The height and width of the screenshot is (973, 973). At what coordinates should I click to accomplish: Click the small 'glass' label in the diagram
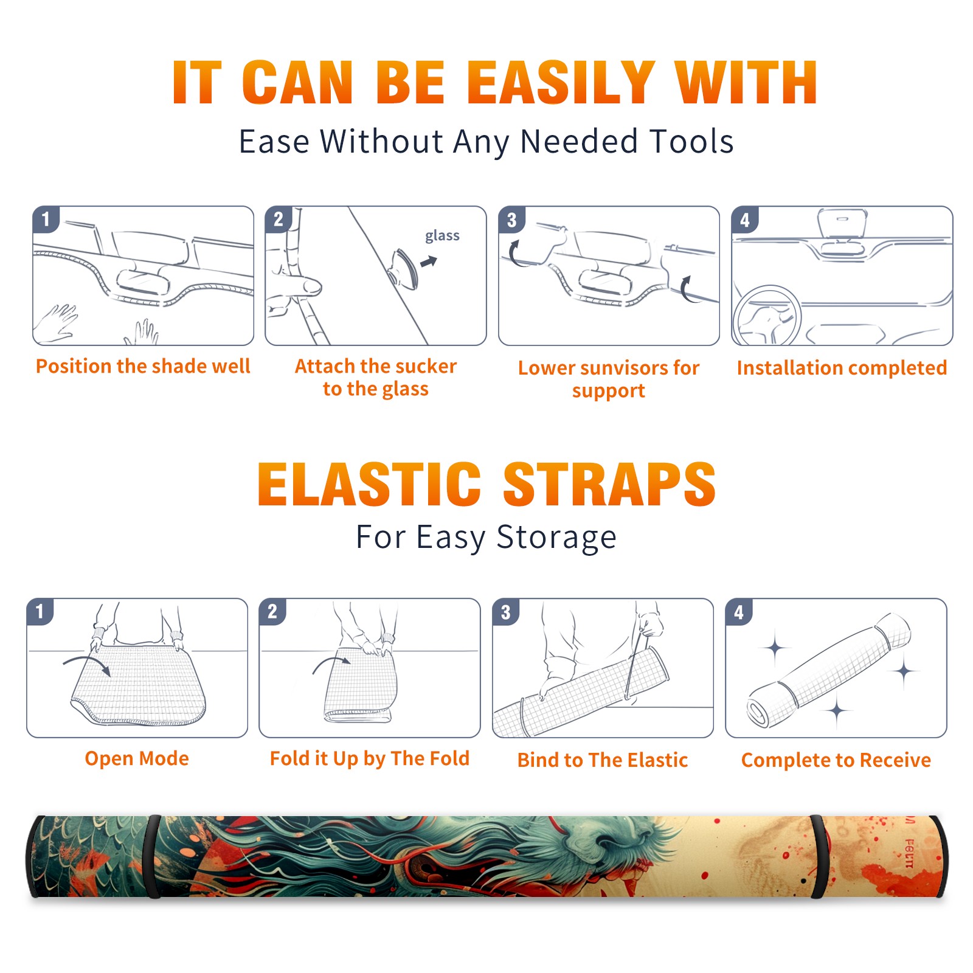pos(442,236)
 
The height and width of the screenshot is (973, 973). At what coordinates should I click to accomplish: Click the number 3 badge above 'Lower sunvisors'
pos(511,220)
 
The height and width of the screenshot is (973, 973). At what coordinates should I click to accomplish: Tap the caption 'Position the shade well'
pos(143,366)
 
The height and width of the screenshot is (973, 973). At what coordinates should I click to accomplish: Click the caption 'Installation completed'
pos(842,367)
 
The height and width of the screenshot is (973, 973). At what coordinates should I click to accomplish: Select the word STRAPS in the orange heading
pos(609,484)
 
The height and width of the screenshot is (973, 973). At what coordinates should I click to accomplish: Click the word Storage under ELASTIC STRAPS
pos(556,538)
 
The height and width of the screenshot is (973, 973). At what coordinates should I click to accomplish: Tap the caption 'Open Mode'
pos(137,758)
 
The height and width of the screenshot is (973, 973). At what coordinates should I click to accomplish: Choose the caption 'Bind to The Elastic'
pos(603,760)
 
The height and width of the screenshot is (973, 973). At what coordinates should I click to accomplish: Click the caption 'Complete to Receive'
pos(836,760)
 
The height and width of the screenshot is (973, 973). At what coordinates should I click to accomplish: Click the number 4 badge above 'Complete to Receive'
pos(738,612)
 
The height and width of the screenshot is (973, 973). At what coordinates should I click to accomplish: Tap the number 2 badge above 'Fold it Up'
pos(272,611)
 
